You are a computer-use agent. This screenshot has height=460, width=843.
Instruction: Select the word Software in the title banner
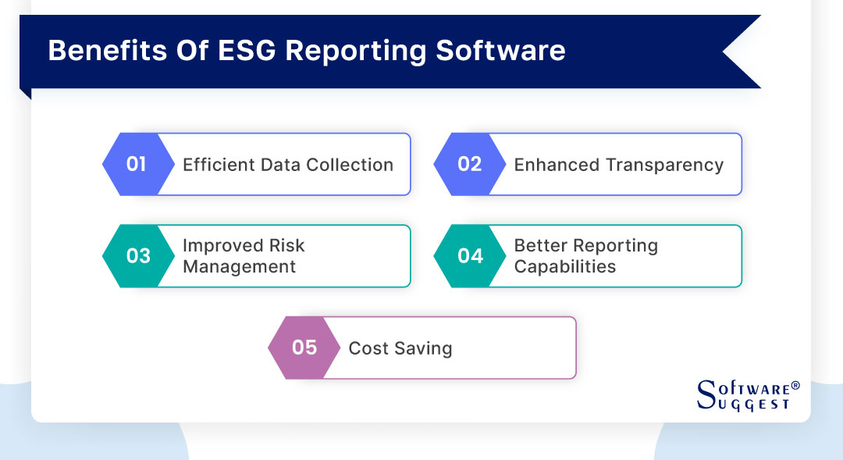500,51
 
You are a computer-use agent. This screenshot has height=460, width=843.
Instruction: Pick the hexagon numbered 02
469,164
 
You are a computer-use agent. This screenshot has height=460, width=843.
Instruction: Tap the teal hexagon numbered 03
137,256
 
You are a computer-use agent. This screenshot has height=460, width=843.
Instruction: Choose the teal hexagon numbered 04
469,256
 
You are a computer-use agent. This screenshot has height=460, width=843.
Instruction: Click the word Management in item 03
239,267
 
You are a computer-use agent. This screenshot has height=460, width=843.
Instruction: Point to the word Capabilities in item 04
564,267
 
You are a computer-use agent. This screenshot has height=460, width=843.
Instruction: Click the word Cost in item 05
364,348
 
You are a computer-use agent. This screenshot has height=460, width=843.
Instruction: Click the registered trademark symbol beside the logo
795,386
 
